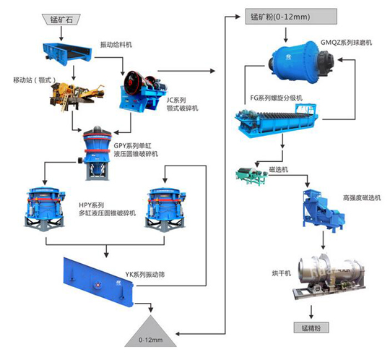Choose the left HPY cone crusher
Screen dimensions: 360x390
43,210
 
